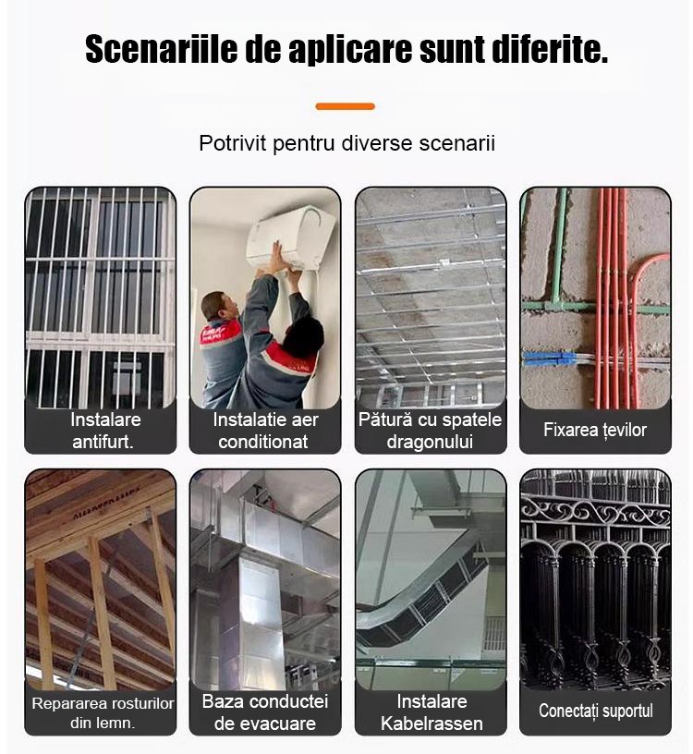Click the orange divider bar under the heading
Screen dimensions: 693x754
(x=346, y=106)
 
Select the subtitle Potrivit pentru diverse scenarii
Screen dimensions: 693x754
(x=346, y=143)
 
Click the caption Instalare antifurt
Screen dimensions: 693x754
(x=104, y=431)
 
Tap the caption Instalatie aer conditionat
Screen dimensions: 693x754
(x=265, y=431)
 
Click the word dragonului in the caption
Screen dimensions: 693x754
(x=430, y=442)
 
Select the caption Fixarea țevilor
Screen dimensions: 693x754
(x=595, y=430)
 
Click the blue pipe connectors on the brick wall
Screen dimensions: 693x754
(x=549, y=359)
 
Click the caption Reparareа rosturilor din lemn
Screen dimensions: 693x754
(x=103, y=712)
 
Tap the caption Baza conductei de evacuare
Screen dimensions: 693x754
(x=265, y=712)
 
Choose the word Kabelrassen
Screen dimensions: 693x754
(x=432, y=724)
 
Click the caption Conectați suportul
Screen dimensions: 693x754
(x=595, y=711)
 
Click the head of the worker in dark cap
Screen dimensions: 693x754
(x=303, y=336)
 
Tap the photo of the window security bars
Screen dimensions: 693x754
(x=101, y=298)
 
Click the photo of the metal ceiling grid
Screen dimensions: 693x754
(x=431, y=298)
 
